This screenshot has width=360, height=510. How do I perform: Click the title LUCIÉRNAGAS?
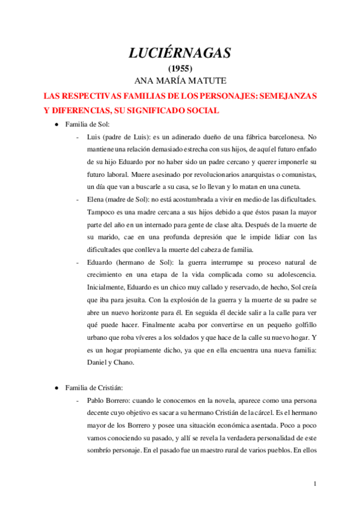180,53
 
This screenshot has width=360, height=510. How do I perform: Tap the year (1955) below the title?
180,68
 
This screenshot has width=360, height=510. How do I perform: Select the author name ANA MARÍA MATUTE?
180,80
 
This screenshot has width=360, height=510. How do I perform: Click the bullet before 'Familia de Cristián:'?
56,388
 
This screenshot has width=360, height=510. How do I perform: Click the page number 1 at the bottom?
316,484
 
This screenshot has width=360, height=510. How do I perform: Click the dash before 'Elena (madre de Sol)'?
79,198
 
